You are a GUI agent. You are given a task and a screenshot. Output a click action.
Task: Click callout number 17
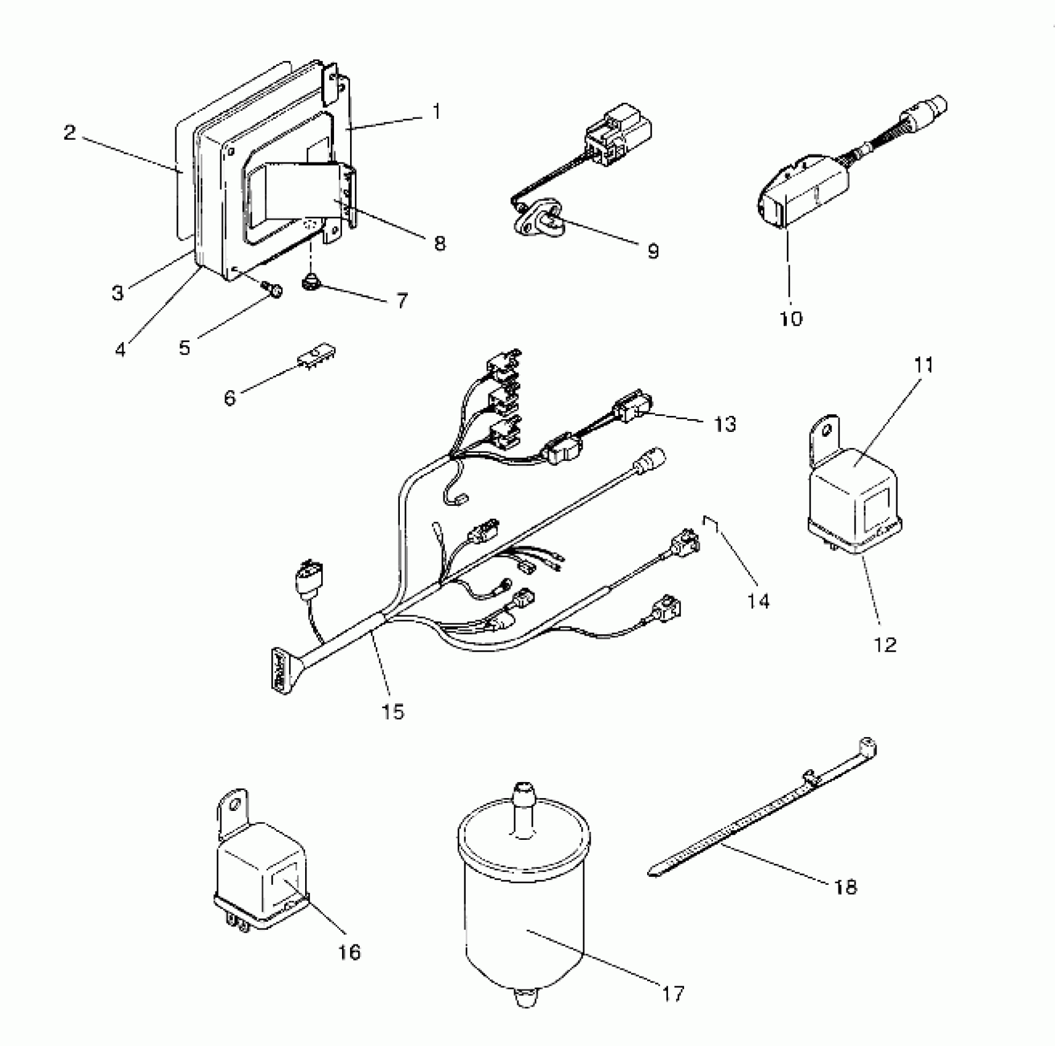[673, 993]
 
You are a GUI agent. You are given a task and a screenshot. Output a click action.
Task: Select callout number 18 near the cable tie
[846, 887]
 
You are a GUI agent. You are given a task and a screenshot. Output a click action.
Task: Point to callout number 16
[349, 952]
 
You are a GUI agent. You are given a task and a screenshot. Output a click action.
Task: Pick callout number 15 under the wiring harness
[393, 712]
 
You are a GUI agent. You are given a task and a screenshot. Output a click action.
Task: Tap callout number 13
[725, 424]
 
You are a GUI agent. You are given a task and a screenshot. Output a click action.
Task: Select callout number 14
[759, 601]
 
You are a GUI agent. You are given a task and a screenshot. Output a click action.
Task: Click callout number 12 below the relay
[885, 645]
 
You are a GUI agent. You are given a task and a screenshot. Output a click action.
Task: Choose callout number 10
[791, 318]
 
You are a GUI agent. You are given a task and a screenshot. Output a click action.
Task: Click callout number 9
[653, 250]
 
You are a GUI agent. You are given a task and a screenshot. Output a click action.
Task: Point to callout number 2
[70, 132]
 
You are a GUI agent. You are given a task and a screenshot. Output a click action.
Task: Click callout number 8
[439, 243]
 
